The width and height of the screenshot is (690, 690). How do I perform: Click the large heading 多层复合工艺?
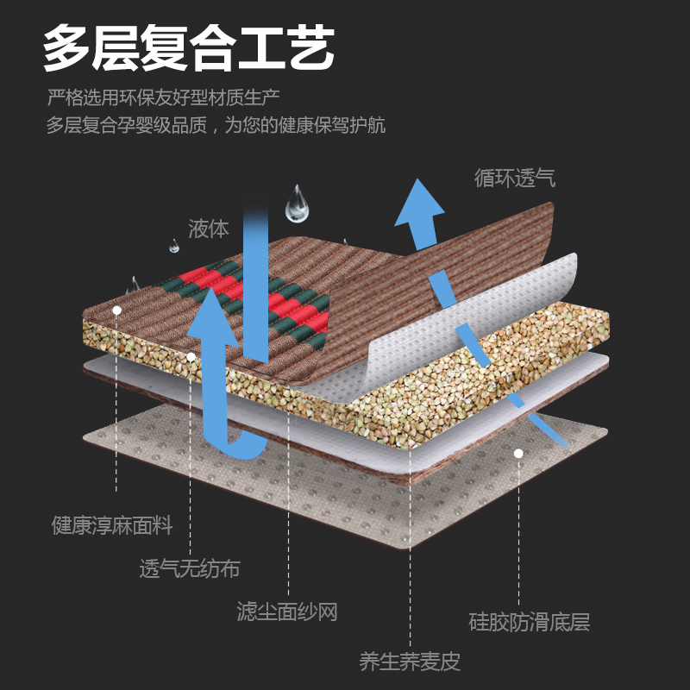(x=189, y=50)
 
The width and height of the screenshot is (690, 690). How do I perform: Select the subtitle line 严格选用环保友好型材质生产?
(x=164, y=97)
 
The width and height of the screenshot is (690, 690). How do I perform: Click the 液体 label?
(x=209, y=229)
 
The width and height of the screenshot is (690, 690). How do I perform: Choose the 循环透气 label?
(x=515, y=179)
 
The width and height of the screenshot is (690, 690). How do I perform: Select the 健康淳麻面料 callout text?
(x=112, y=524)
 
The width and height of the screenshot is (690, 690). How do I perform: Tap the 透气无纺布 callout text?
(x=190, y=569)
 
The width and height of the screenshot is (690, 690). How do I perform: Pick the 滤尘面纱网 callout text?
(x=287, y=612)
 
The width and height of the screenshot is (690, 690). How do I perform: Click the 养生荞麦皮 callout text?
(x=410, y=662)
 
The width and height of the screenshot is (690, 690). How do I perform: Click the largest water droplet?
(x=298, y=204)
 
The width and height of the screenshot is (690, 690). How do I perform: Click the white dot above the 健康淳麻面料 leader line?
(x=116, y=309)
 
